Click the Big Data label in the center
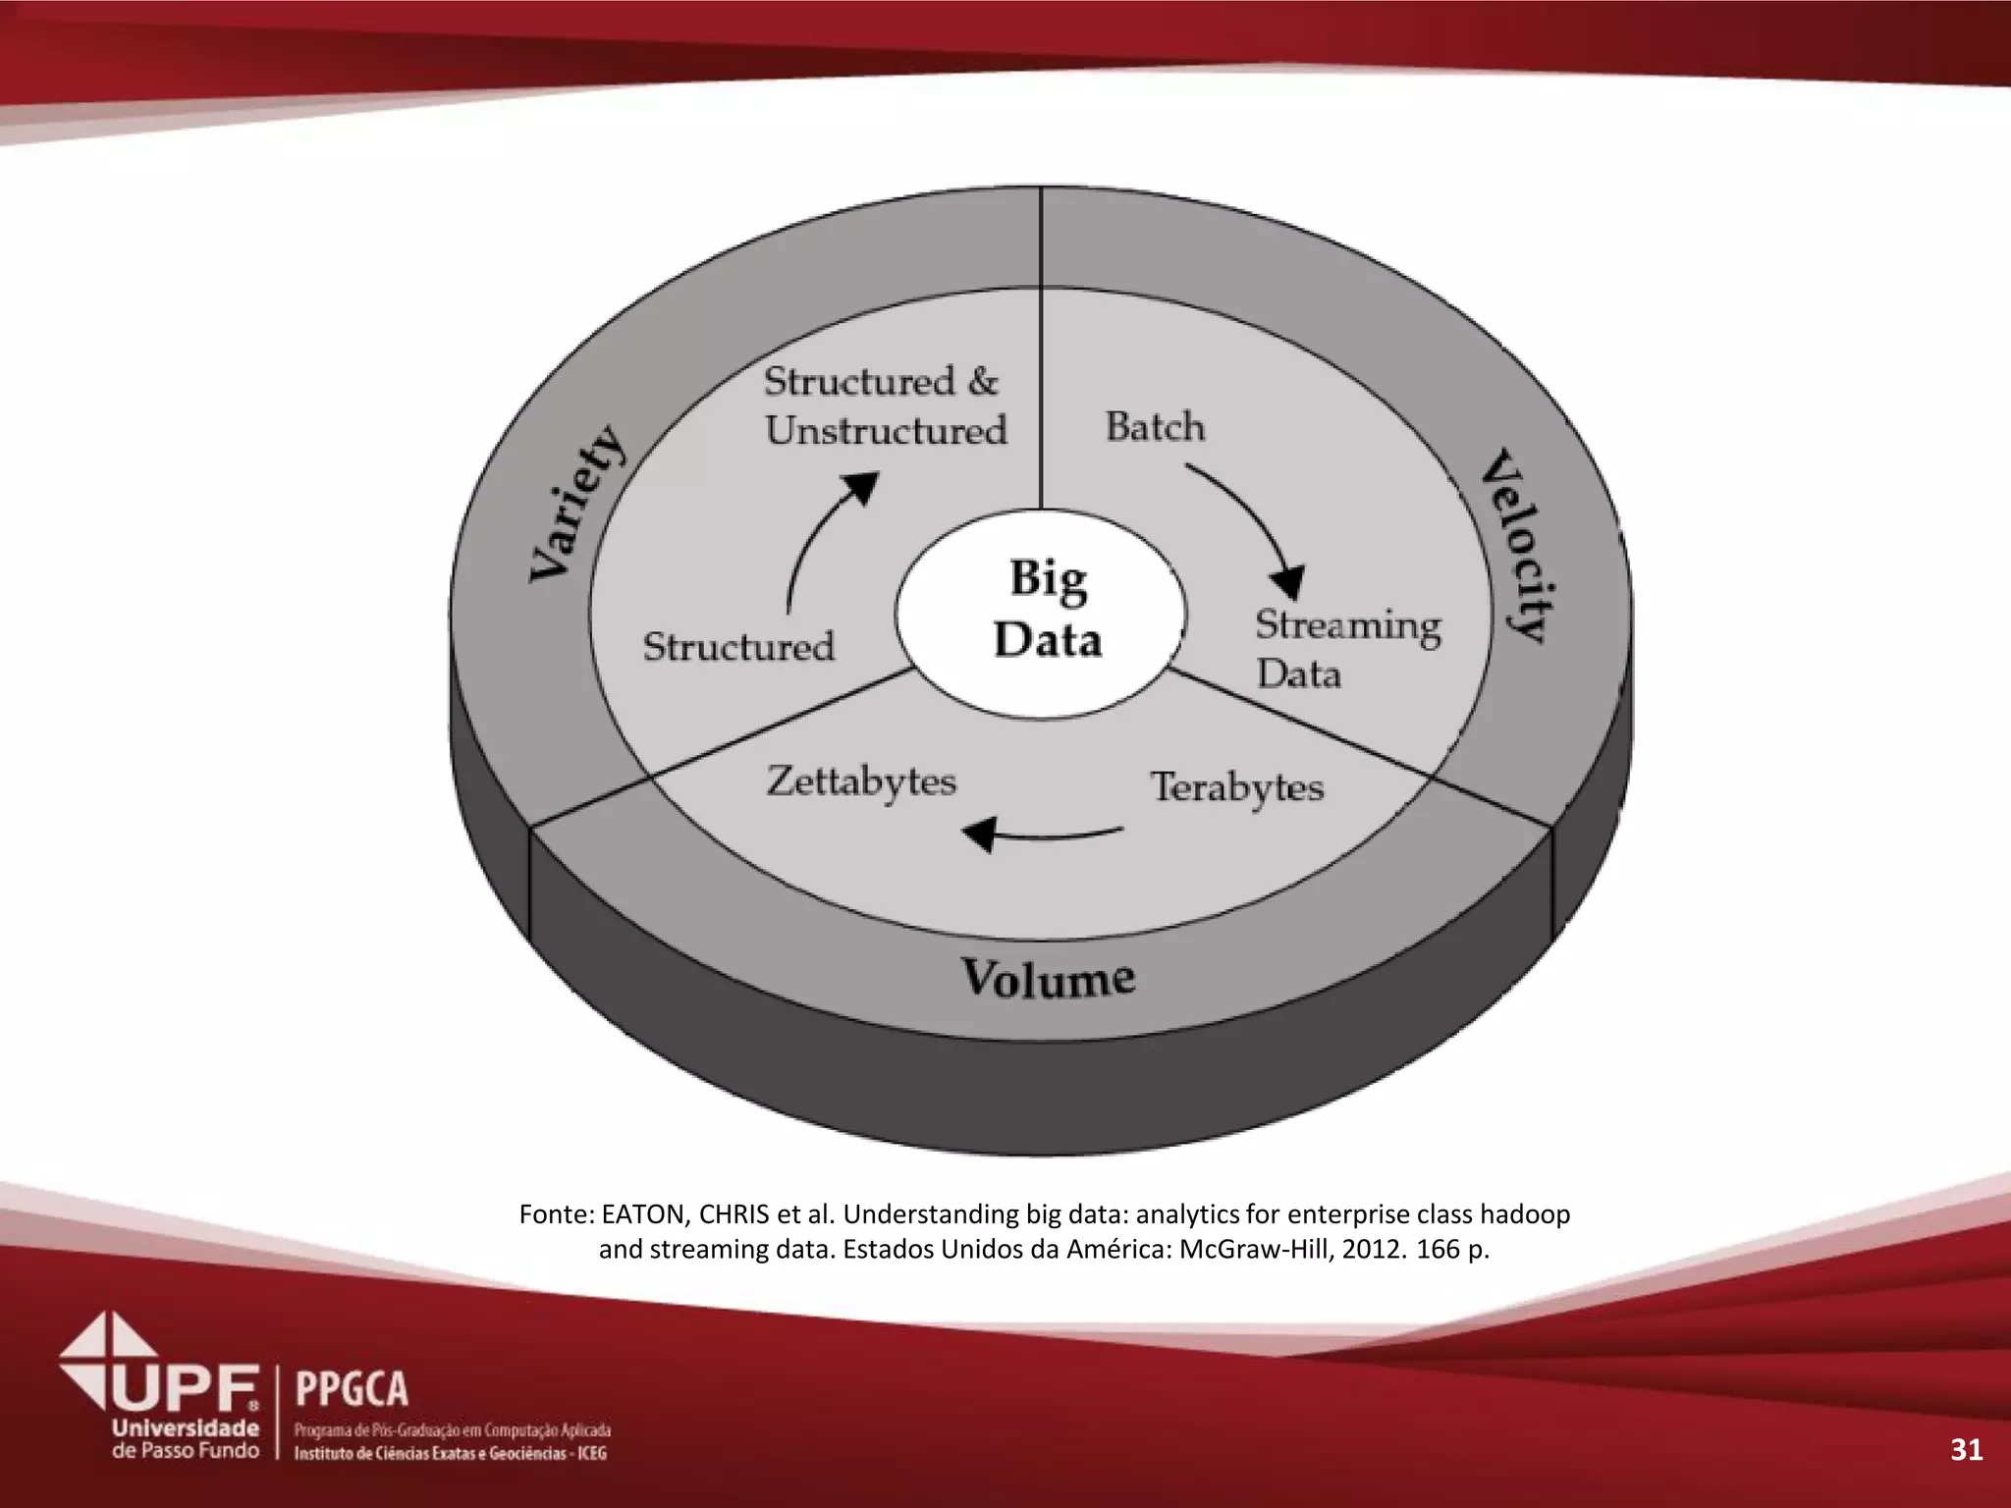(1047, 609)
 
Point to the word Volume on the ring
(1048, 978)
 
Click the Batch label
(1155, 427)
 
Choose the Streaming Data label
(1346, 648)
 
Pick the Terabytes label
(1237, 787)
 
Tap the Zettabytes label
(861, 782)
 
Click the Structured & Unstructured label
(884, 405)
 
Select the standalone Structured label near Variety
(738, 646)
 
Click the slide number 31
(1966, 1450)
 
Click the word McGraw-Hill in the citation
(1255, 1250)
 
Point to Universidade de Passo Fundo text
(187, 1439)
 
